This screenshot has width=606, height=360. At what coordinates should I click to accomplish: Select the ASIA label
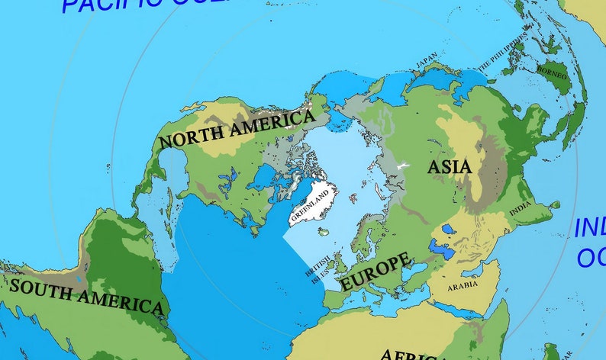point(449,166)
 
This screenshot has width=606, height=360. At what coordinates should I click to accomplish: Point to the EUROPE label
point(374,271)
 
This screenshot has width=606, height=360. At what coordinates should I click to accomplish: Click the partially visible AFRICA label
point(408,354)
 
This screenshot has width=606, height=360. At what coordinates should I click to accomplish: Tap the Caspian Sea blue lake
point(440,248)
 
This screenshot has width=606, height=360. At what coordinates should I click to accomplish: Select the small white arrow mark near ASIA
point(403,165)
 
